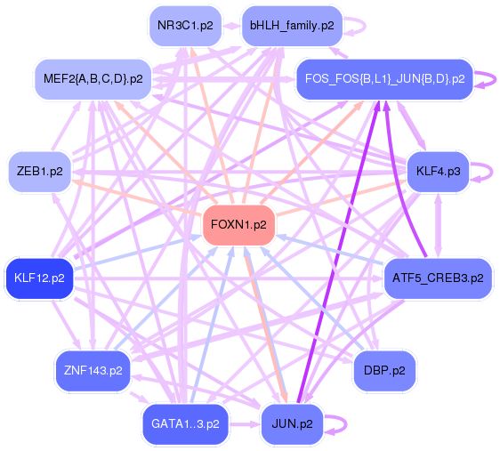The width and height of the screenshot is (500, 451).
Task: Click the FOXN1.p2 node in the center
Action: (238, 225)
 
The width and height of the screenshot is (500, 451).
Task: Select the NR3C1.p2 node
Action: (185, 26)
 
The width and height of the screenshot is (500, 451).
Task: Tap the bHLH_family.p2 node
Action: (292, 26)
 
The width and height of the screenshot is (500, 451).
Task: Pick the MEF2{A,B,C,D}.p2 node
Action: (93, 78)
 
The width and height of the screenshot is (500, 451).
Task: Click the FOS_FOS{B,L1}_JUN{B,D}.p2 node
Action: (384, 78)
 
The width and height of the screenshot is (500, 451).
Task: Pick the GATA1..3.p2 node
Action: (186, 423)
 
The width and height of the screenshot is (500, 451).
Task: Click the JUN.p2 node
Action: (292, 423)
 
